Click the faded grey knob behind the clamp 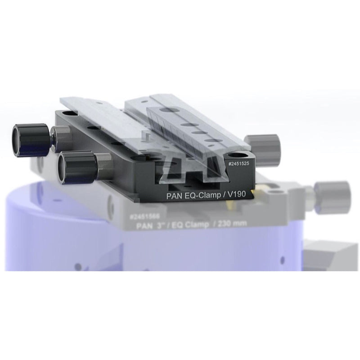coord(265,144)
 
